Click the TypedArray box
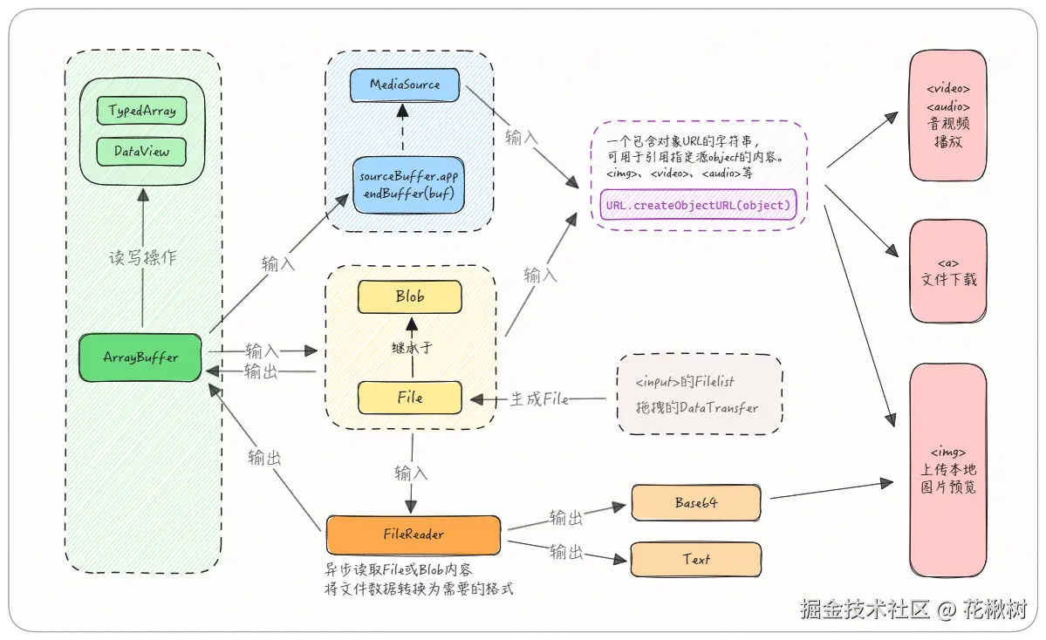tap(141, 111)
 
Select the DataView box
tap(141, 151)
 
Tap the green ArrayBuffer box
tap(140, 357)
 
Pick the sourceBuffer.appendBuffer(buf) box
tap(408, 184)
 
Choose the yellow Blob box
tap(409, 296)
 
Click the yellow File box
tap(409, 398)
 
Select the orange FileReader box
tap(414, 534)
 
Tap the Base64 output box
tap(696, 502)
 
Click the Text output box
tap(696, 559)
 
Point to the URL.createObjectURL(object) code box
tap(698, 206)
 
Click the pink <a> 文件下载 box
tap(947, 271)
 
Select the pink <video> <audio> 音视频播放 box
tap(947, 115)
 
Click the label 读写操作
tap(141, 258)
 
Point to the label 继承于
tap(411, 347)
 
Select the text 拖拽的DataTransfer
tap(697, 407)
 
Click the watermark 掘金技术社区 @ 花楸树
tap(913, 609)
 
